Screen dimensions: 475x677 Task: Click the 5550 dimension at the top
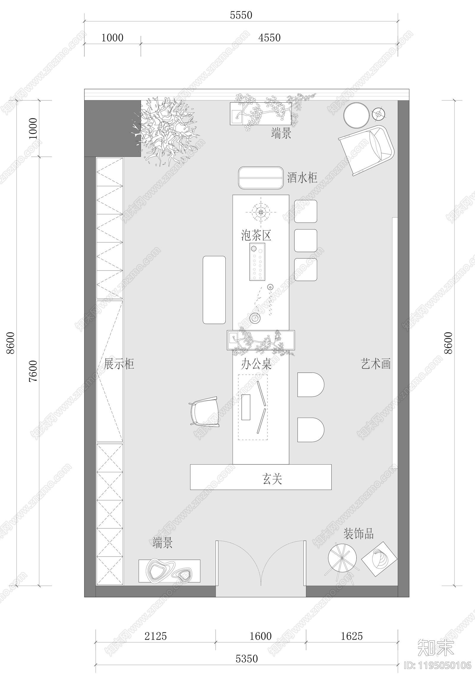(x=241, y=15)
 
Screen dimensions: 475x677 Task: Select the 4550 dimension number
(x=269, y=38)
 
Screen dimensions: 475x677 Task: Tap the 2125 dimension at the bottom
(x=156, y=636)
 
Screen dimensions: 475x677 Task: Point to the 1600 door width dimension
(x=261, y=636)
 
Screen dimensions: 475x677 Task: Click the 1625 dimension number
(x=352, y=636)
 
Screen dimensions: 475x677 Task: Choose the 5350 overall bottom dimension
(x=247, y=659)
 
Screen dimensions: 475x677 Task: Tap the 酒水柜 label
(x=302, y=178)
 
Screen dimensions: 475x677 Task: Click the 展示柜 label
(x=119, y=364)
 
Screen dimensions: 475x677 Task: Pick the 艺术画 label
(x=376, y=364)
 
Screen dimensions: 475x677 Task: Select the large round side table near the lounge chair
(x=357, y=115)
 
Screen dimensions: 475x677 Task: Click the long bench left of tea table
(x=214, y=290)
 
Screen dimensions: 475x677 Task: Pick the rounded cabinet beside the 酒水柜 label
(x=261, y=178)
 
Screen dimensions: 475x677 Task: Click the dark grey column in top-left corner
(x=113, y=128)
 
